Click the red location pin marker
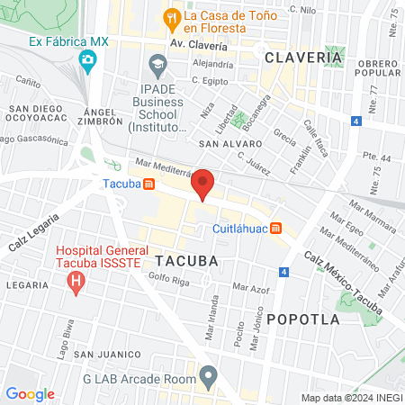pos(203,184)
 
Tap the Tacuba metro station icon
pos(148,184)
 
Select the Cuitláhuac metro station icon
pos(276,229)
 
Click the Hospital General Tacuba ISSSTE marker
pos(76,282)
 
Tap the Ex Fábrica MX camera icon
pos(87,61)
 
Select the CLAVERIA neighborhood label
pos(303,58)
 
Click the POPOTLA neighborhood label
pos(302,319)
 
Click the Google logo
pos(31,393)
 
